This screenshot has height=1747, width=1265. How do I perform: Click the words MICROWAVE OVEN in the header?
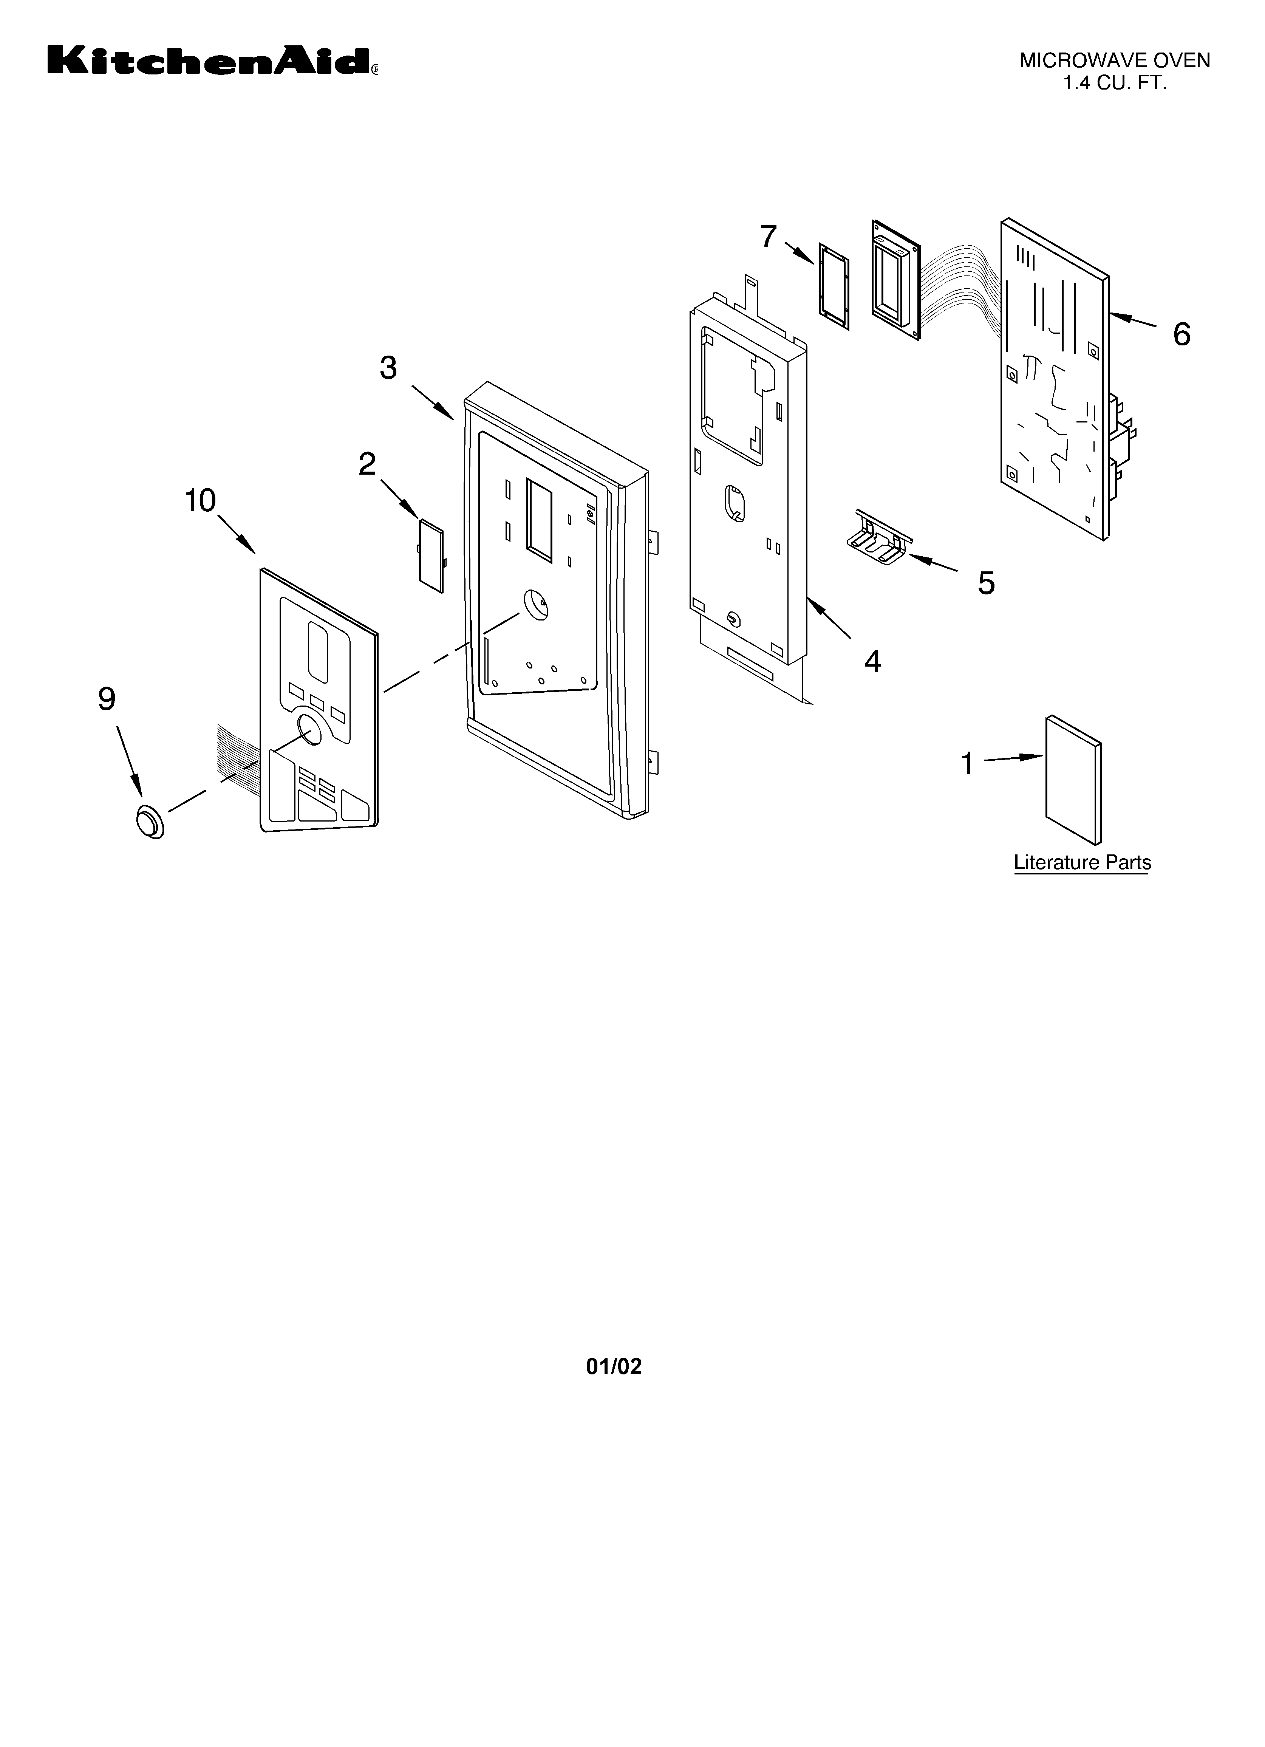1115,61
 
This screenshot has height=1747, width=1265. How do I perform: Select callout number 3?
388,368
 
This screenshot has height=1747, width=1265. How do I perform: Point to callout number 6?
1181,334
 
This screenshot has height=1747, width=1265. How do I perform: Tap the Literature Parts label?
1083,863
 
